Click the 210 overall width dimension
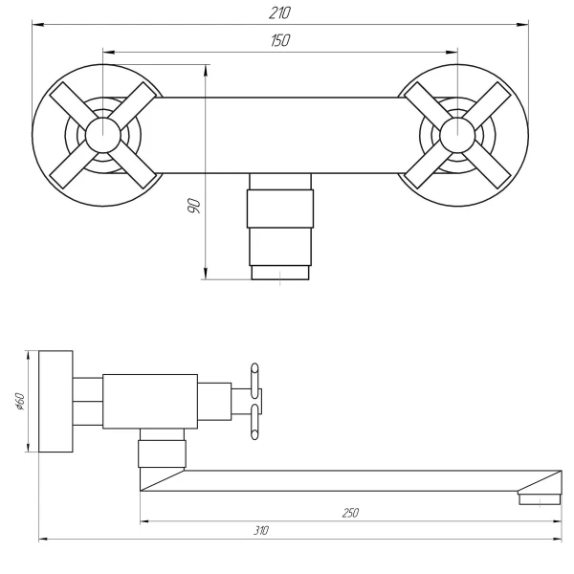[x=279, y=12]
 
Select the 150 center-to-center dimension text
[x=279, y=40]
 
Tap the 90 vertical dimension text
[x=192, y=208]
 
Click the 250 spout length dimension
[x=350, y=513]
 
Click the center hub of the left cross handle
[x=101, y=134]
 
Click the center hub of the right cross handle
[x=456, y=134]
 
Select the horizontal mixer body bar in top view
[x=279, y=134]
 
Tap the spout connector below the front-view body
[x=279, y=225]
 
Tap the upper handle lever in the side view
[x=254, y=376]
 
